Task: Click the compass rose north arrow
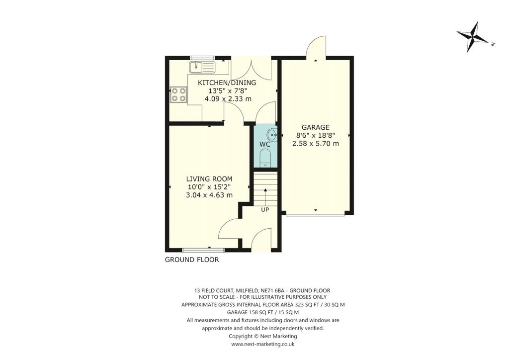point(475,37)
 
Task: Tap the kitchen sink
point(202,66)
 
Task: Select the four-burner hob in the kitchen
point(178,94)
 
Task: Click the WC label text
point(264,144)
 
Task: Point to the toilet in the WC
point(265,158)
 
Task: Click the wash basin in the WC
point(271,134)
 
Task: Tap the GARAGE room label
point(315,127)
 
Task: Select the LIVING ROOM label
point(209,179)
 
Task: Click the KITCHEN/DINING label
point(227,83)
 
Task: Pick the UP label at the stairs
point(265,209)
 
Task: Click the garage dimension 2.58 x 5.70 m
point(315,144)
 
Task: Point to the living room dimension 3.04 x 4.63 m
point(209,195)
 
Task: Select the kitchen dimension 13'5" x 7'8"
point(227,91)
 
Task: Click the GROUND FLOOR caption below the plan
point(192,260)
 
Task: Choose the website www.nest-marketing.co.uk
point(256,344)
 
